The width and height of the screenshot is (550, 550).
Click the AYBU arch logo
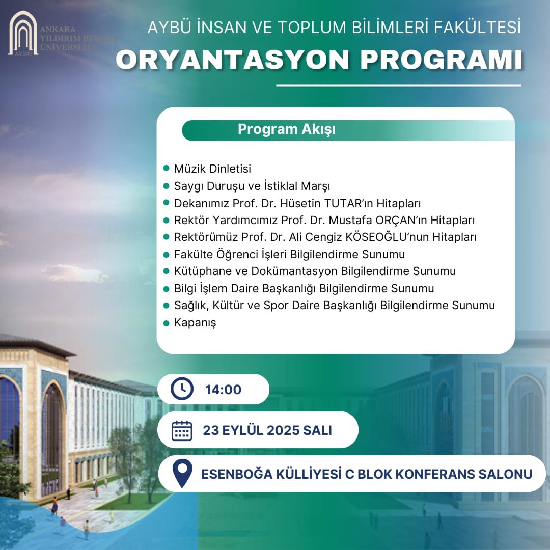22,33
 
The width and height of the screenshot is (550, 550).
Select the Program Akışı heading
287,130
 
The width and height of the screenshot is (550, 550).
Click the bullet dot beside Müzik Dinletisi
166,168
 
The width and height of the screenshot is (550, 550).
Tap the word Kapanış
195,323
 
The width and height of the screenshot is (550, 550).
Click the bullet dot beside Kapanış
166,322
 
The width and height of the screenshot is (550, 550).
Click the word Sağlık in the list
191,306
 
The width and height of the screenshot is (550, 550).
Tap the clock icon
182,390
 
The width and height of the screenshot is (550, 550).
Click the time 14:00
223,390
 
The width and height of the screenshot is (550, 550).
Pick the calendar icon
182,430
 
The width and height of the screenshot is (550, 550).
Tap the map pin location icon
182,474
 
